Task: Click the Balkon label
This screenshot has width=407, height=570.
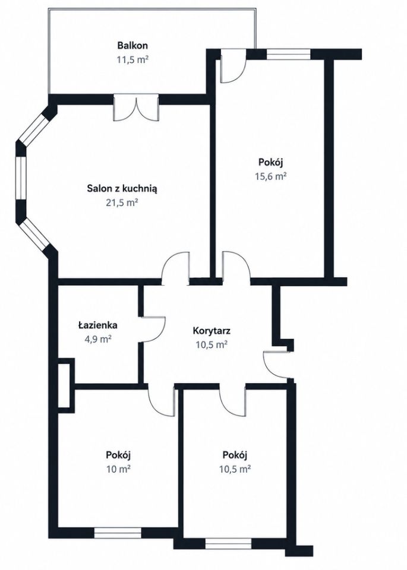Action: pos(132,46)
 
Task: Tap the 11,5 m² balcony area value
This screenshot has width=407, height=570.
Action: pos(132,59)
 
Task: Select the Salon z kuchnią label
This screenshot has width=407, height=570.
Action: pos(122,189)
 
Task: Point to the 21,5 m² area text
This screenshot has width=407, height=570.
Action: pos(122,202)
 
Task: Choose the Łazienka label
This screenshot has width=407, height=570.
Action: pos(97,325)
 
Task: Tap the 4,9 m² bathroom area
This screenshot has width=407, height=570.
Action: pos(97,339)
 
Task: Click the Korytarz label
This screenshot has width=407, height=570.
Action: pos(212,331)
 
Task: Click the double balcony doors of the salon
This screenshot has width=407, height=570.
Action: pos(135,107)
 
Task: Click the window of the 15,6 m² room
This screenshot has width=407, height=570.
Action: pos(289,54)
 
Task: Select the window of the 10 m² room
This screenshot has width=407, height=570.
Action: pos(118,533)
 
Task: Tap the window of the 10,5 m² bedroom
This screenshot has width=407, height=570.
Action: pos(228,543)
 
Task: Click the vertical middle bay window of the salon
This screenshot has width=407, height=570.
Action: pos(21,178)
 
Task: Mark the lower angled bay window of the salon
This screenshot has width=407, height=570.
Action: pos(34,235)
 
